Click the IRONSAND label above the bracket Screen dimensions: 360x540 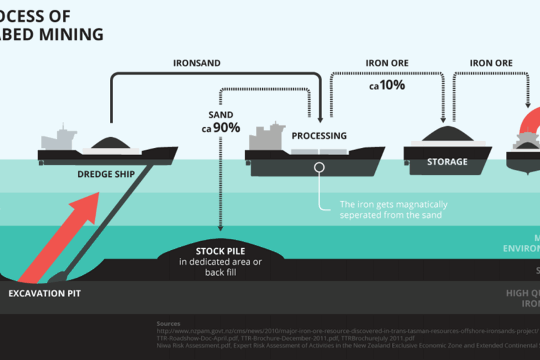(197, 63)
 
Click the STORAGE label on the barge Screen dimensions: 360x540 (447, 162)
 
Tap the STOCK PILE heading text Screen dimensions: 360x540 (221, 251)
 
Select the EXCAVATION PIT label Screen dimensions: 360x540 (44, 294)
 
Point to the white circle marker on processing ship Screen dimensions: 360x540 (319, 167)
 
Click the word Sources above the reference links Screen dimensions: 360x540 (168, 323)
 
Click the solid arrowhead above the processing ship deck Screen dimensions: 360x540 (319, 118)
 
